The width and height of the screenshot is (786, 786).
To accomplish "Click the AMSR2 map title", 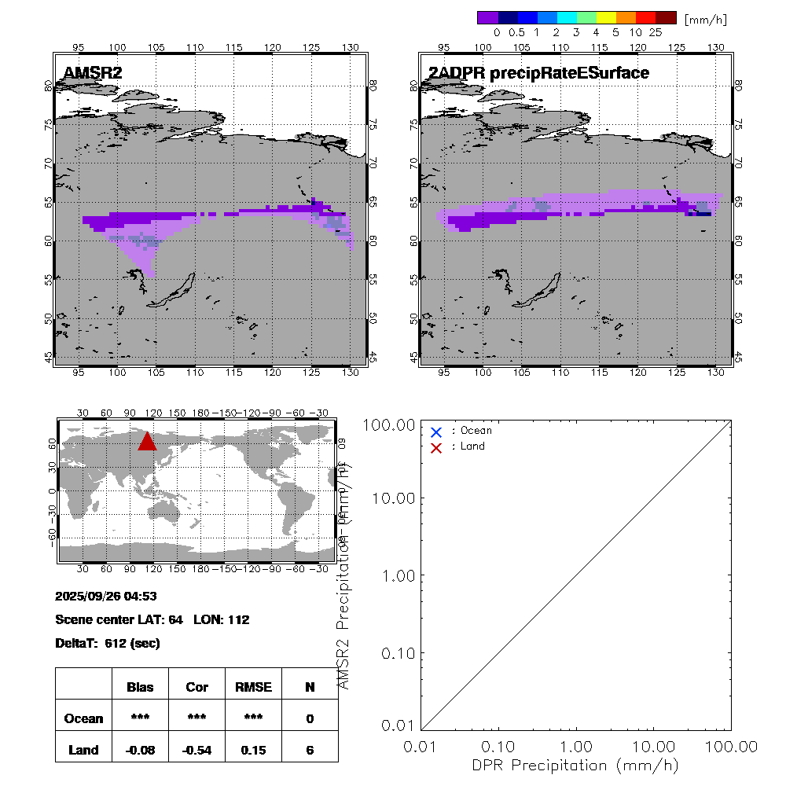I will coord(93,74).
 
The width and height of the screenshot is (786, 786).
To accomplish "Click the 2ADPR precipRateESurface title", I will coord(538,74).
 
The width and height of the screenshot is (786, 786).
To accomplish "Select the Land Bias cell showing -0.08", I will coord(141,750).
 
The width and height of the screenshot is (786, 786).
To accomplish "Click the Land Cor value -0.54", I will coord(196,750).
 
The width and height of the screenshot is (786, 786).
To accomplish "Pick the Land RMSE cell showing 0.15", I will coord(253,750).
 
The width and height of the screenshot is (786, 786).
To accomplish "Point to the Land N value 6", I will coord(310,750).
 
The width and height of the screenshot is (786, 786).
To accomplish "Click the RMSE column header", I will coord(253,687).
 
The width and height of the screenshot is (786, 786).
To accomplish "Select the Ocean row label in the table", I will coord(83,718).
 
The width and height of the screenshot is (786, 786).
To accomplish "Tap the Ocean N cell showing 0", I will coord(310,718).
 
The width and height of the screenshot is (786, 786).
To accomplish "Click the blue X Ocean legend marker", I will coord(436,432).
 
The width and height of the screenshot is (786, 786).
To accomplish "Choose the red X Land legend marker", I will coord(436,447).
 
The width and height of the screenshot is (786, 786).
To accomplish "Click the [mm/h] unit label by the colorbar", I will coord(705,19).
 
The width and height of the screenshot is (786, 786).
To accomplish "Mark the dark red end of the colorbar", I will coord(666,17).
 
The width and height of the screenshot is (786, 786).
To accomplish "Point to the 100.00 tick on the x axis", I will coord(732,745).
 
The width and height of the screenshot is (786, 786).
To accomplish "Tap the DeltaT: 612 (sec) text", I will coord(108,643).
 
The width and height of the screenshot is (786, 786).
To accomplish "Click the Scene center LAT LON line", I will coord(152,619).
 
